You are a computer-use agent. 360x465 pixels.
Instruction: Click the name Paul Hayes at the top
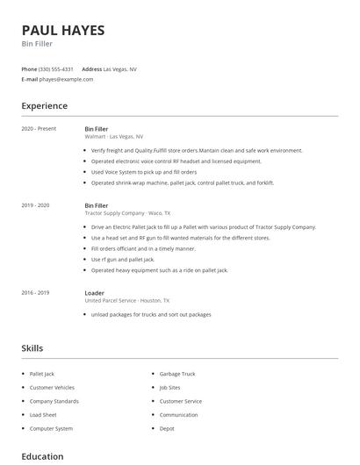[x=63, y=30]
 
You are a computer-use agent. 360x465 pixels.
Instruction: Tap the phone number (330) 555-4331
[x=57, y=68]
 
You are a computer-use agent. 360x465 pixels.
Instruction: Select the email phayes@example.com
[x=67, y=79]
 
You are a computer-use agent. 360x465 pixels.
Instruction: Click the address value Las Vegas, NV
[x=120, y=68]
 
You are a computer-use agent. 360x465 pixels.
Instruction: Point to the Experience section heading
[x=45, y=106]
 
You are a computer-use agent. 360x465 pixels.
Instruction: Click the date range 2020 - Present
[x=39, y=129]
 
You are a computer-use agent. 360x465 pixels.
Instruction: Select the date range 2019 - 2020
[x=35, y=205]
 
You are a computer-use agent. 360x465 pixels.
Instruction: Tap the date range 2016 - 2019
[x=35, y=293]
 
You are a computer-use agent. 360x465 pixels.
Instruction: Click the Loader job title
[x=94, y=293]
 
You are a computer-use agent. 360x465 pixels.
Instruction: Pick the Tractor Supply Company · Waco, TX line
[x=127, y=213]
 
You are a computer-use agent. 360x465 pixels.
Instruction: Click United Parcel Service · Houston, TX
[x=127, y=301]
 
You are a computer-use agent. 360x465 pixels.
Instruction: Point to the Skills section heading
[x=32, y=348]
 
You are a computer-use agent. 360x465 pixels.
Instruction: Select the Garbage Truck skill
[x=177, y=374]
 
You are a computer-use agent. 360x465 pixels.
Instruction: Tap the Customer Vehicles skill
[x=52, y=388]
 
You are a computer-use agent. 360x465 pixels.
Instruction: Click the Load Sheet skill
[x=43, y=415]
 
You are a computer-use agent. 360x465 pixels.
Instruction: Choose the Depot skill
[x=167, y=429]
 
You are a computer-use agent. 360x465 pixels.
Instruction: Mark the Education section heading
[x=42, y=456]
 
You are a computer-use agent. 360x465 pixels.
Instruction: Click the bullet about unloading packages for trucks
[x=151, y=314]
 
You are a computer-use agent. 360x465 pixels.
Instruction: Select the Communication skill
[x=179, y=415]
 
